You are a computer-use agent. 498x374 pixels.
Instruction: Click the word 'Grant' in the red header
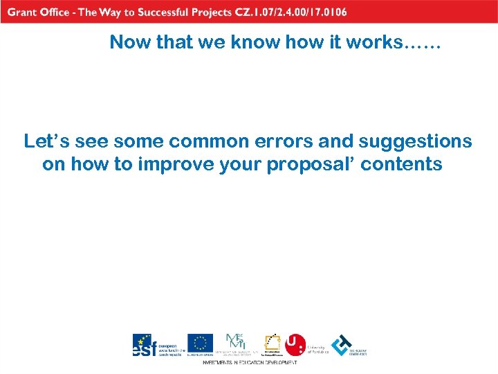tap(22, 12)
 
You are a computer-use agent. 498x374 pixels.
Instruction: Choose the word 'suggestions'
tap(415, 142)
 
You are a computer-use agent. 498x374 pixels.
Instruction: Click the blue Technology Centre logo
tap(342, 345)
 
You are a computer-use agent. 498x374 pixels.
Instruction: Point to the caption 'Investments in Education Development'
tap(250, 362)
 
